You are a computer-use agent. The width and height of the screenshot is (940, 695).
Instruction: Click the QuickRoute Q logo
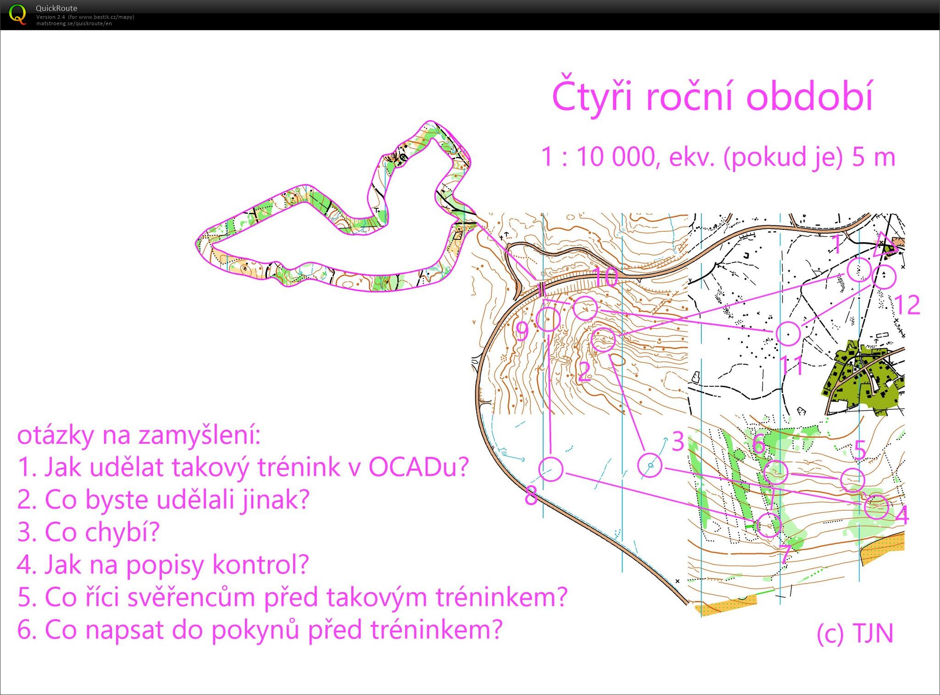pos(17,14)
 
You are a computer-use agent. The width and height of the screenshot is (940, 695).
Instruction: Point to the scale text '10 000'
pos(616,157)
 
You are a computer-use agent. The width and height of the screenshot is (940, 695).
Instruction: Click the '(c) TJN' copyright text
pos(855,634)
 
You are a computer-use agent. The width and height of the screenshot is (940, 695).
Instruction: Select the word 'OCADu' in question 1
pos(418,467)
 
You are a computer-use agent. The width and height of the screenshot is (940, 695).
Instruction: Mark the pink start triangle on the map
pos(885,245)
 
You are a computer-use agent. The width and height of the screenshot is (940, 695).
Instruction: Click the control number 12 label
pos(907,305)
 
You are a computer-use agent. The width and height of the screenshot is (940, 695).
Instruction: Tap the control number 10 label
pos(606,277)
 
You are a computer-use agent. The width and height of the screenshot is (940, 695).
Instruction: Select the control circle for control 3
pos(650,465)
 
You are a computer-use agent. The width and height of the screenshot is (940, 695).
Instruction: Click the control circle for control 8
pos(550,469)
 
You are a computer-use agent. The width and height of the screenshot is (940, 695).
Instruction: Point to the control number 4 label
pos(901,514)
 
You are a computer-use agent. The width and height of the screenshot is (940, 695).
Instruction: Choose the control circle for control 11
pos(788,334)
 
